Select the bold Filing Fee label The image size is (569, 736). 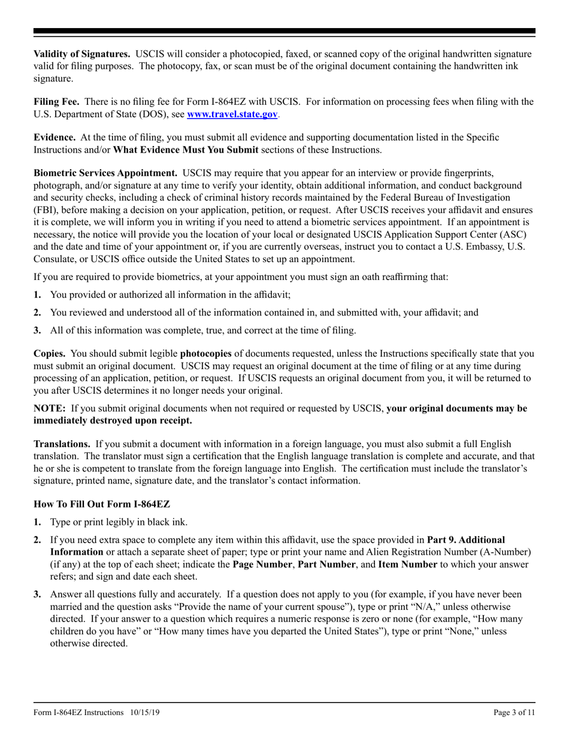coord(55,102)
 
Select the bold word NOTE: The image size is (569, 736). coord(49,409)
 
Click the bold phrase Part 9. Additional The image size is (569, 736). coord(465,540)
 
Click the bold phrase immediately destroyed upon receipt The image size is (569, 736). coord(113,421)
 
